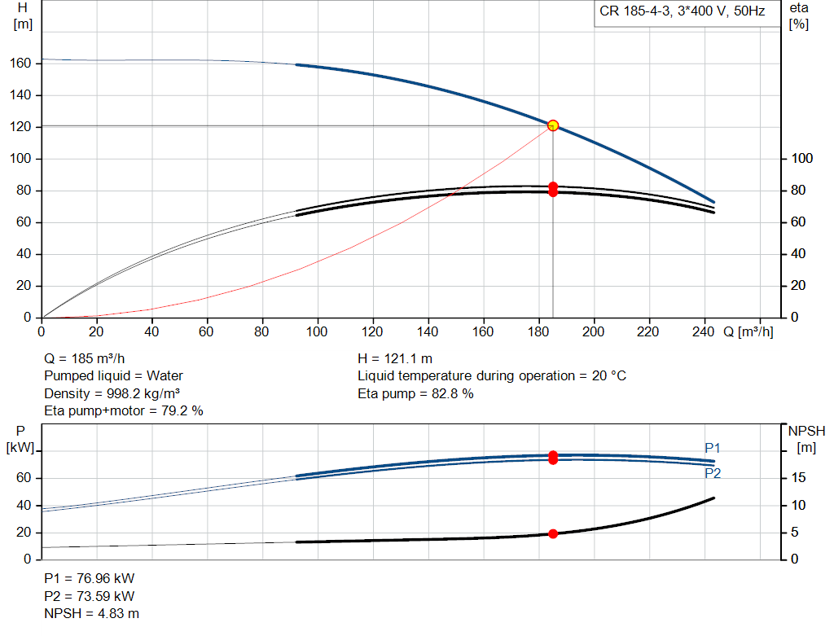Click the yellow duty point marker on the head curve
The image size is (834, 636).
[553, 125]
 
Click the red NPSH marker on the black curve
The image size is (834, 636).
[553, 533]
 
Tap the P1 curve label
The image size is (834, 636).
[712, 448]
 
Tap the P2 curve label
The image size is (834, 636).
[713, 473]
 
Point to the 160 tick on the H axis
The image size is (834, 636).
[20, 64]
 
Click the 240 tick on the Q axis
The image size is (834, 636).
[703, 331]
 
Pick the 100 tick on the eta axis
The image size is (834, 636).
[802, 159]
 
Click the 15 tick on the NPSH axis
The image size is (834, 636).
[798, 477]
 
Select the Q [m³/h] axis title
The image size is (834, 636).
[748, 331]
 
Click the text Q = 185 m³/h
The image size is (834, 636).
[85, 358]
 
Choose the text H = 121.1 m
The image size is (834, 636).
[395, 358]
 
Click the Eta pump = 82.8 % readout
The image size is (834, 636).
[415, 393]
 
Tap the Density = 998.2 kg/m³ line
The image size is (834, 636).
[112, 393]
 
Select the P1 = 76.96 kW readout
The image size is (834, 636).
[90, 578]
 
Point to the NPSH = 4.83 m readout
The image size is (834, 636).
[91, 614]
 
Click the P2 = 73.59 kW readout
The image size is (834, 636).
[90, 596]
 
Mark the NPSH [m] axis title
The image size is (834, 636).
[806, 439]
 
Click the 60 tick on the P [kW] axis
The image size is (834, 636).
[24, 477]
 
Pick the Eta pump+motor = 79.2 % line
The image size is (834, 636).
[124, 411]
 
